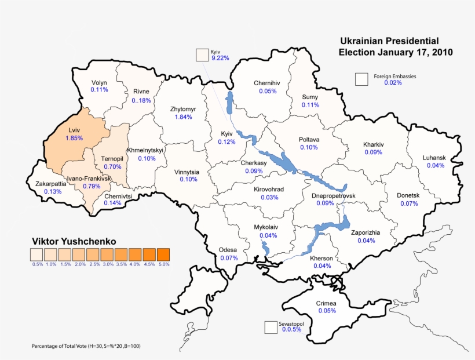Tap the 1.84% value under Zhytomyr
pyautogui.click(x=183, y=117)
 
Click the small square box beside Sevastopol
pyautogui.click(x=271, y=328)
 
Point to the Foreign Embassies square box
pyautogui.click(x=362, y=79)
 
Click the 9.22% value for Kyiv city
pyautogui.click(x=220, y=58)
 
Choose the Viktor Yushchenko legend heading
pyautogui.click(x=74, y=241)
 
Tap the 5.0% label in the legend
pyautogui.click(x=163, y=264)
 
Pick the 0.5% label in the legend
pyautogui.click(x=37, y=264)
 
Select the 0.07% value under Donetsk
pyautogui.click(x=408, y=203)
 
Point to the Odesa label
pyautogui.click(x=228, y=250)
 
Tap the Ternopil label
pyautogui.click(x=112, y=158)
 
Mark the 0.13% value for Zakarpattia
pyautogui.click(x=53, y=191)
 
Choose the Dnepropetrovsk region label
pyautogui.click(x=333, y=196)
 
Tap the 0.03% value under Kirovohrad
pyautogui.click(x=269, y=197)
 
